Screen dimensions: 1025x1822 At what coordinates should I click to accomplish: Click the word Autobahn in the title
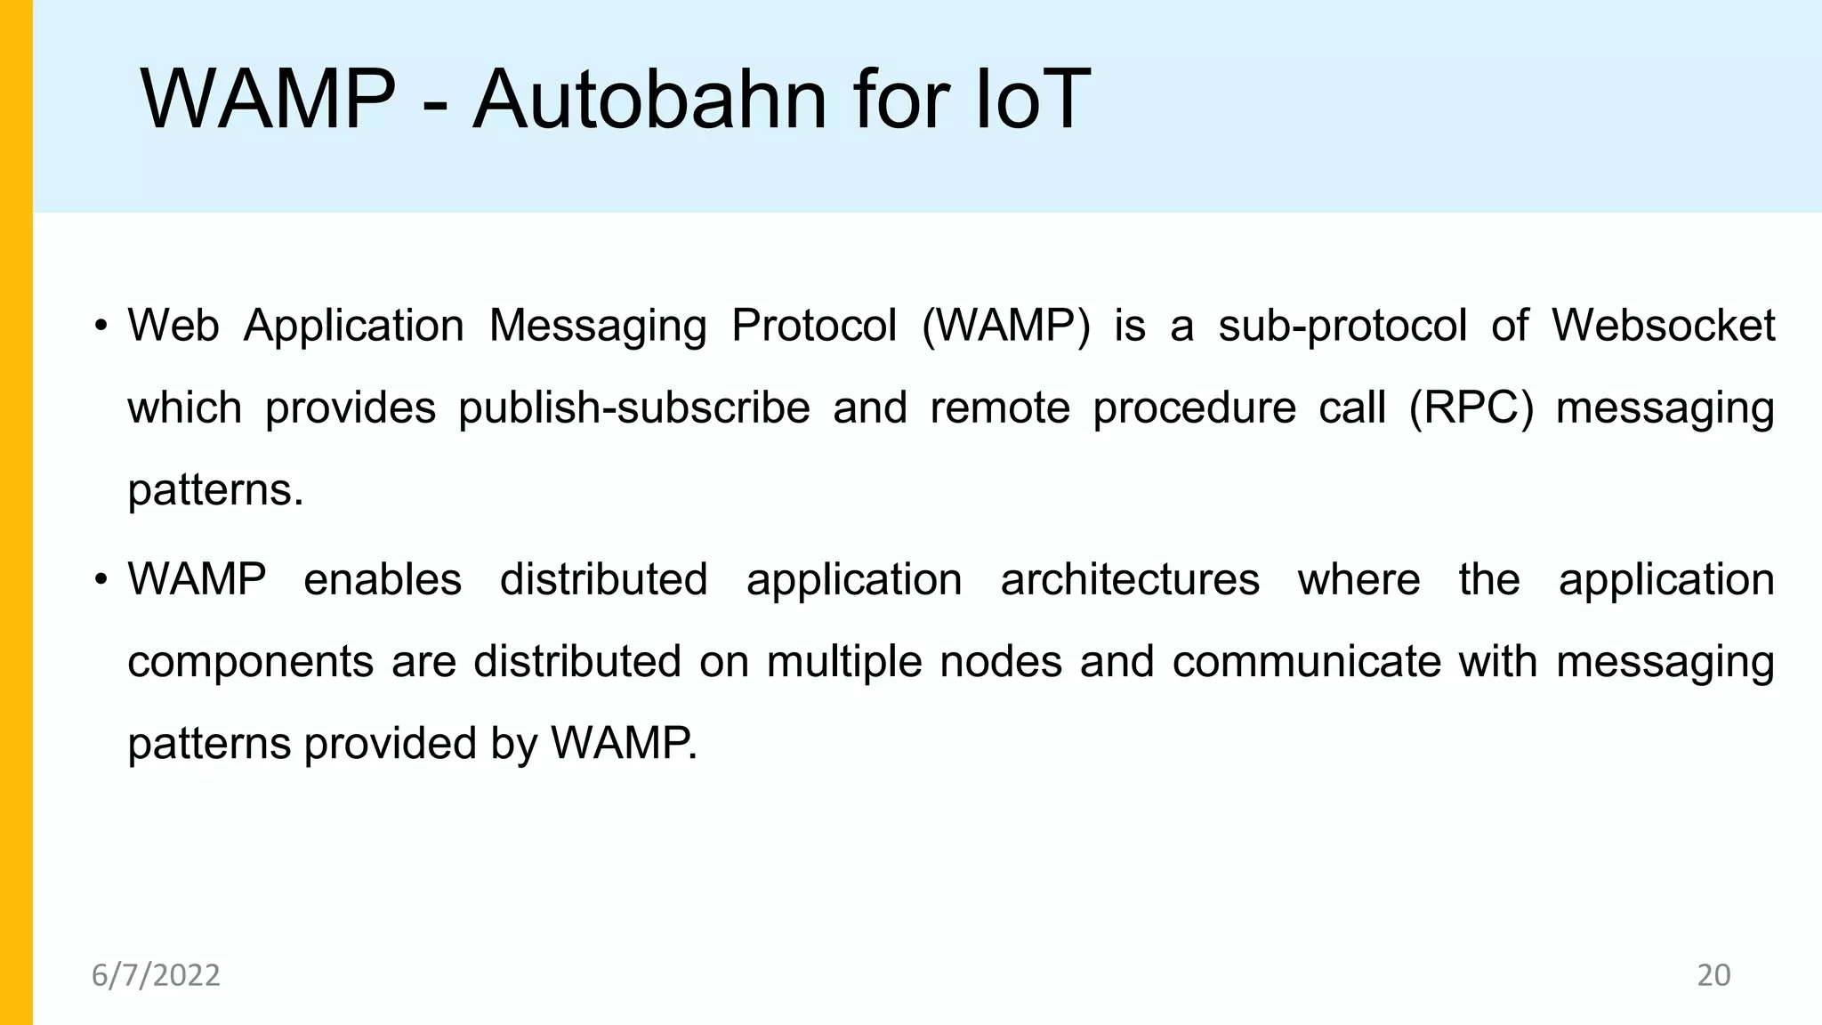650,100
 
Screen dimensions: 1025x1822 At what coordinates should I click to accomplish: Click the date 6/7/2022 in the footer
156,975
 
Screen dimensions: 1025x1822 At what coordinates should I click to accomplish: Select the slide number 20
1713,975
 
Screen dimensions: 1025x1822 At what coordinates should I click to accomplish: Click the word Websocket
1663,326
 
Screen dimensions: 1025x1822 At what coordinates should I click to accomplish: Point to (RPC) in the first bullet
1471,408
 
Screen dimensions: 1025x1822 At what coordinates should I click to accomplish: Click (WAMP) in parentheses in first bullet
1005,326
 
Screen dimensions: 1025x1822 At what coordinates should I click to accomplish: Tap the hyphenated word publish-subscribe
634,408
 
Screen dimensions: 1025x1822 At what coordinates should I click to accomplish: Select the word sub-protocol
1342,326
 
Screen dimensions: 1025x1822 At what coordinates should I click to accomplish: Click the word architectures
1130,580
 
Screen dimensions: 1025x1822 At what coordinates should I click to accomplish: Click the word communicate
1306,662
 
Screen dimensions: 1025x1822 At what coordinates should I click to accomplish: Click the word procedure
1194,408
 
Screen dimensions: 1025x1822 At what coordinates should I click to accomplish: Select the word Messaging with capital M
598,326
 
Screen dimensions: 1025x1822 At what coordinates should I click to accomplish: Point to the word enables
383,580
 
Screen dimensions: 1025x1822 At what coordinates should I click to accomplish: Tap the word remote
1000,408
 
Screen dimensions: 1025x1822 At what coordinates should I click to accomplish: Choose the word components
250,662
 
